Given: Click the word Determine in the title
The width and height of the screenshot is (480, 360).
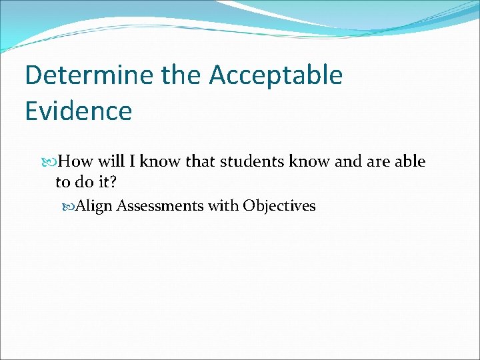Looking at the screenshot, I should tap(91, 76).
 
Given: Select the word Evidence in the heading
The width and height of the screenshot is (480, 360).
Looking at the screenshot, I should tap(78, 111).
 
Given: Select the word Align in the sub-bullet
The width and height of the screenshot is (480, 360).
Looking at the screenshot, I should tap(94, 206).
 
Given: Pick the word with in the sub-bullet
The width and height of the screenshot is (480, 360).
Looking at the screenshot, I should tap(223, 206).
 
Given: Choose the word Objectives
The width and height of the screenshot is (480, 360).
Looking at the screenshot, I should tap(279, 206).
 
